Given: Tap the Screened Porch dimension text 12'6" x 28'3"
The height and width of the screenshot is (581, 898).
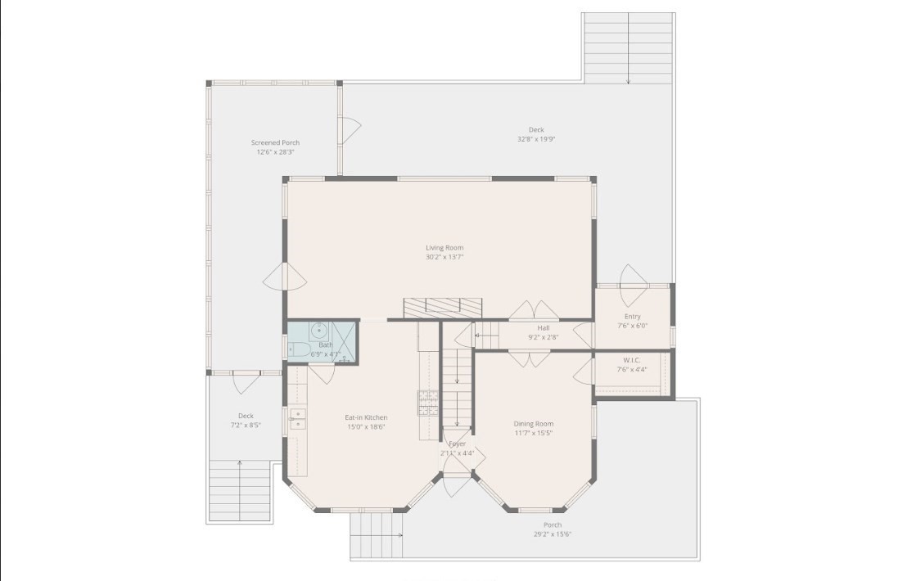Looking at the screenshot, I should [275, 152].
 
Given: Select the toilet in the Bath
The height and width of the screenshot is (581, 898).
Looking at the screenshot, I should [299, 351].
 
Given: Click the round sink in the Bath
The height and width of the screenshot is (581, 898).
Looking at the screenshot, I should [319, 332].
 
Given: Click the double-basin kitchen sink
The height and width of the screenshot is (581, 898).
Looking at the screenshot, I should [298, 419].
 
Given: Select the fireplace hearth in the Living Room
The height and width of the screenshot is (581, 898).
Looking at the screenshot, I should [443, 308].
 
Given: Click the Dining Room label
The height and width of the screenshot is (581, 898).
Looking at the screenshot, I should [534, 424].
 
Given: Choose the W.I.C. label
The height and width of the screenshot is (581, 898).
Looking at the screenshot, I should [632, 359].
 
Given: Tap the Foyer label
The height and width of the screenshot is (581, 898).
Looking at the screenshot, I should [457, 444].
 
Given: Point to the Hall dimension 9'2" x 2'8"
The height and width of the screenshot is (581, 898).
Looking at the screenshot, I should [543, 337].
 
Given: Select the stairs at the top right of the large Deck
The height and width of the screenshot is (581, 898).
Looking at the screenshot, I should [628, 47].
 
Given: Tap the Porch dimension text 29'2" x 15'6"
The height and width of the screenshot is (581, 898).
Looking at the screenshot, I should [553, 534].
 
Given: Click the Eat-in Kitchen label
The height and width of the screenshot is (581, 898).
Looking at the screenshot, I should [366, 417].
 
